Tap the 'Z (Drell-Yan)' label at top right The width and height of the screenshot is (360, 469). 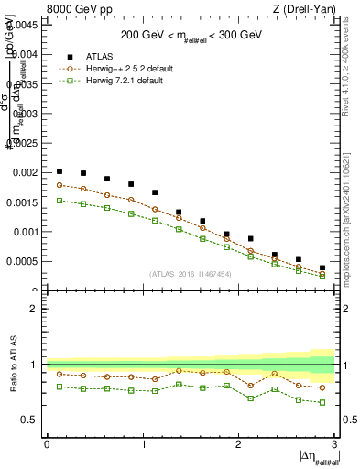[x=306, y=10]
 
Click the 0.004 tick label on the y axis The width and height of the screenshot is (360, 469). [x=23, y=54]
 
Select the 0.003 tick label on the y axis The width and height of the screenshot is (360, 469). [x=23, y=114]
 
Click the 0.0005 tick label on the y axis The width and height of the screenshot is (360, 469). [x=21, y=261]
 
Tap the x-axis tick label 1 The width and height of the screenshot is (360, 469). [x=143, y=445]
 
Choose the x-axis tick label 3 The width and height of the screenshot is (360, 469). [x=335, y=445]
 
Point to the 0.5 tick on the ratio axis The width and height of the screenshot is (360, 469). [x=30, y=420]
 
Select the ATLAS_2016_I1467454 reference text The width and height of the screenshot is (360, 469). [x=191, y=273]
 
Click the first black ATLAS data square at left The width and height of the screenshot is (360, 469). [x=60, y=171]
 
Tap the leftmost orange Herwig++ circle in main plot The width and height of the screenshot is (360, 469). [x=60, y=185]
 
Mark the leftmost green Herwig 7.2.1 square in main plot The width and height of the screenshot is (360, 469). [x=60, y=200]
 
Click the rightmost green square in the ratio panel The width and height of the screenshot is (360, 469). [x=322, y=402]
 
